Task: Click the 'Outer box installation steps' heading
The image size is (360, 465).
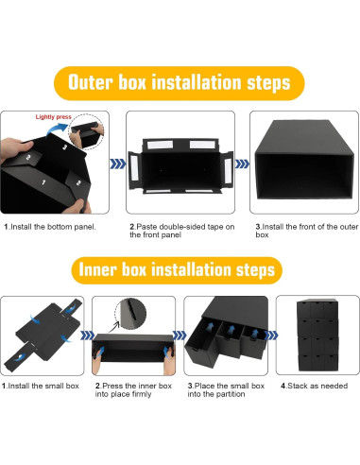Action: tap(179, 82)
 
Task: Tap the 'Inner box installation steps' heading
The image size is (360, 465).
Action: tap(177, 270)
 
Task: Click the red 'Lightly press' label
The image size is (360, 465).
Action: tap(54, 117)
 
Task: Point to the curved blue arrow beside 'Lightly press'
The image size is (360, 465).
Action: tap(57, 129)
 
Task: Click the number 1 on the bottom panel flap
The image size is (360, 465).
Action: tap(43, 182)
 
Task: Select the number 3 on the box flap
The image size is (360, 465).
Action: tap(65, 146)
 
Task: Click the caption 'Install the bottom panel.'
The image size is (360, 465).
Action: tap(50, 227)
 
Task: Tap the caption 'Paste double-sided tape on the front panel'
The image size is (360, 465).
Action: tap(182, 231)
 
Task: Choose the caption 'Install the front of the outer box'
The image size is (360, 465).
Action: tap(306, 231)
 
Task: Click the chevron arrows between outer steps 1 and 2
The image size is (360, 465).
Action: tap(117, 164)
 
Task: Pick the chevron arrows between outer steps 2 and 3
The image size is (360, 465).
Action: tap(242, 164)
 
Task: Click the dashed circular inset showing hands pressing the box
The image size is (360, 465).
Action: tap(86, 131)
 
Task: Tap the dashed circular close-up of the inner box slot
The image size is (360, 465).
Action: tap(130, 314)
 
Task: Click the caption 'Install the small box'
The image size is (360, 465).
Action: tap(41, 386)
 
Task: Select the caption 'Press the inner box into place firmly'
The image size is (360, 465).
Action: tap(133, 389)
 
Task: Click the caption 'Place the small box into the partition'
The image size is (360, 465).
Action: tap(226, 389)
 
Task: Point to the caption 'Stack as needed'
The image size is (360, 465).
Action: tap(314, 386)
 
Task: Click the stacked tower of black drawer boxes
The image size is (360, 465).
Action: tap(317, 336)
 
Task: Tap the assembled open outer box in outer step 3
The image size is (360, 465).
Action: tap(303, 159)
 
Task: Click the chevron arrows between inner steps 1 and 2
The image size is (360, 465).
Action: tap(87, 336)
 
